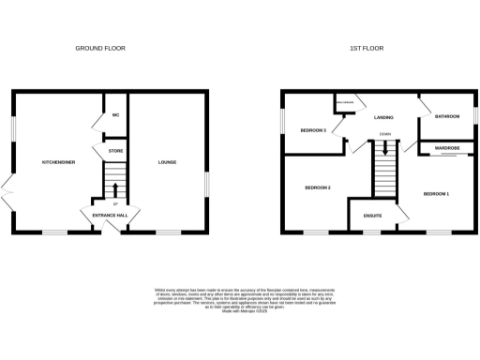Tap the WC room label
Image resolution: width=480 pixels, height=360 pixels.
(116, 116)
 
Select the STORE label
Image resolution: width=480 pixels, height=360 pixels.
(116, 150)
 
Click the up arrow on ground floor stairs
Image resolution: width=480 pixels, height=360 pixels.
(115, 187)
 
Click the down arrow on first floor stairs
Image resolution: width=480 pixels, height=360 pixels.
(384, 149)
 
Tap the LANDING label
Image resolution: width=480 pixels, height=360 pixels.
(383, 118)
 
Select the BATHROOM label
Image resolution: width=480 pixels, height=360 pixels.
(447, 116)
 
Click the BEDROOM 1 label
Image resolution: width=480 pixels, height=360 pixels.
(437, 193)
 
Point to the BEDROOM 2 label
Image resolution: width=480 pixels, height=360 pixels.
(318, 187)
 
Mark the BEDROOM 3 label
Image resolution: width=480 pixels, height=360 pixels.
(313, 130)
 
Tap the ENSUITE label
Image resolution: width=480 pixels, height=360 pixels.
(372, 217)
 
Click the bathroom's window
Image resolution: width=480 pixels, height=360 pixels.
(476, 115)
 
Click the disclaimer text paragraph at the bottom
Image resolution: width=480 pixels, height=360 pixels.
(241, 300)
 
